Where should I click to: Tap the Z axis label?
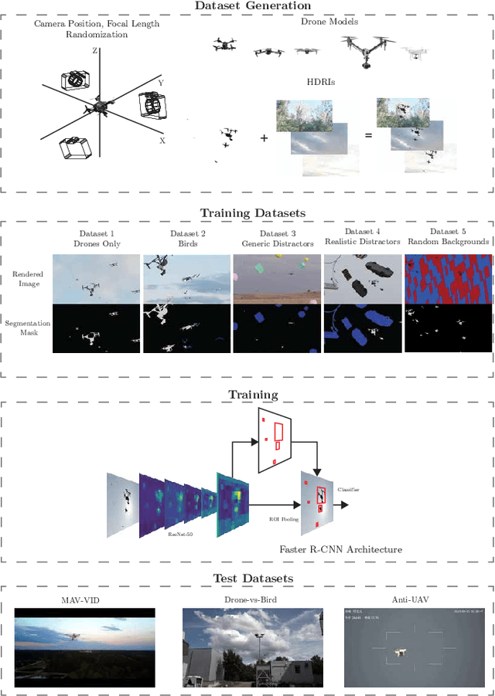94,50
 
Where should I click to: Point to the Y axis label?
160,82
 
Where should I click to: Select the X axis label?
162,141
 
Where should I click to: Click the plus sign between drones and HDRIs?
264,138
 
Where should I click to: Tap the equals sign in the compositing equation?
368,135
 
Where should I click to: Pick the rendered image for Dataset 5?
447,278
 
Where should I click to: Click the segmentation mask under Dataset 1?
97,328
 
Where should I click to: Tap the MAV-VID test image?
84,647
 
